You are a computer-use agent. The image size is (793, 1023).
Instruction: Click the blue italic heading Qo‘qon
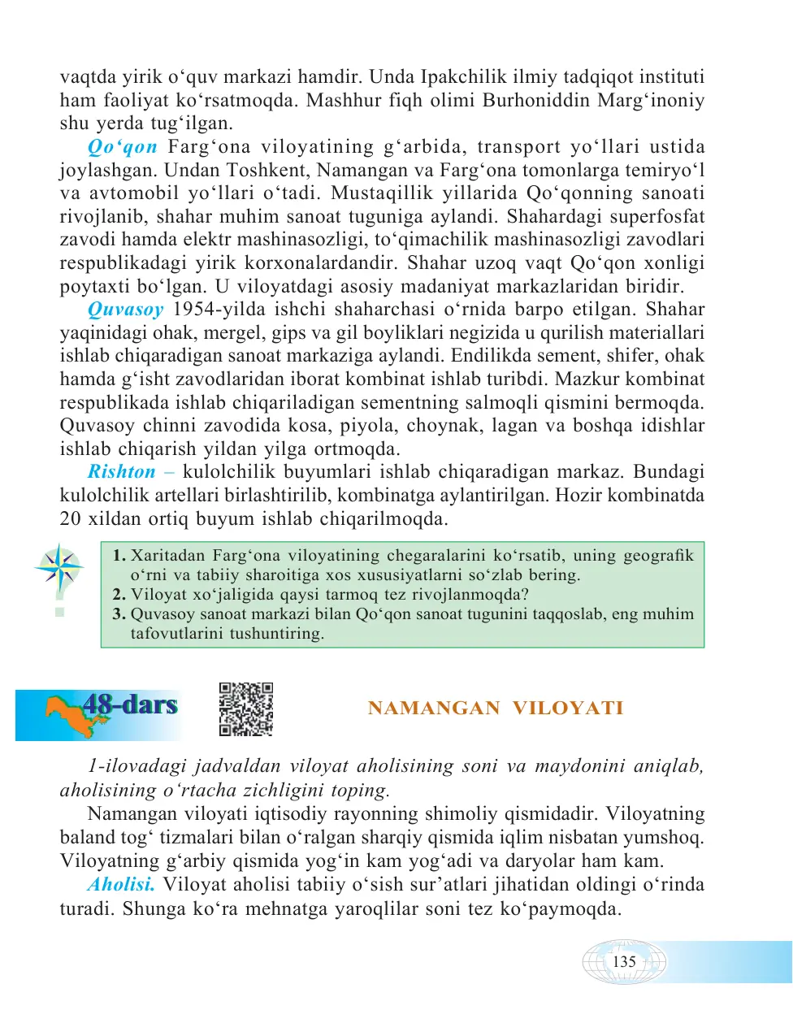[x=122, y=147]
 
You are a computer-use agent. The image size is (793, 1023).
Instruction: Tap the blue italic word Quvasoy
[x=125, y=310]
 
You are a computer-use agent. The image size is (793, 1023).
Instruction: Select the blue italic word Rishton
[x=121, y=472]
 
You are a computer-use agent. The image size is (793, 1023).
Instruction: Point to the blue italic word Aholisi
[x=121, y=885]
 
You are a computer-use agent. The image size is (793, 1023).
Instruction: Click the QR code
[x=245, y=709]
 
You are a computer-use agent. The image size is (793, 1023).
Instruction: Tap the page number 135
[x=624, y=962]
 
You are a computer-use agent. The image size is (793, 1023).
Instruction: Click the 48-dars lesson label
[x=130, y=704]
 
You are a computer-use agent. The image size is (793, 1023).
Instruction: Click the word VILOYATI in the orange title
[x=568, y=709]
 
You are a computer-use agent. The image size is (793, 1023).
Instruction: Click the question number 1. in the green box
[x=119, y=556]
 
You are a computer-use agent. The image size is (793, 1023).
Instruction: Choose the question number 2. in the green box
[x=119, y=595]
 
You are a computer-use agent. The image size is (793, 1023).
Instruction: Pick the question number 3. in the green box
[x=119, y=614]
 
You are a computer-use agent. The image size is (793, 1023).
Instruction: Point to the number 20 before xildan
[x=70, y=519]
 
